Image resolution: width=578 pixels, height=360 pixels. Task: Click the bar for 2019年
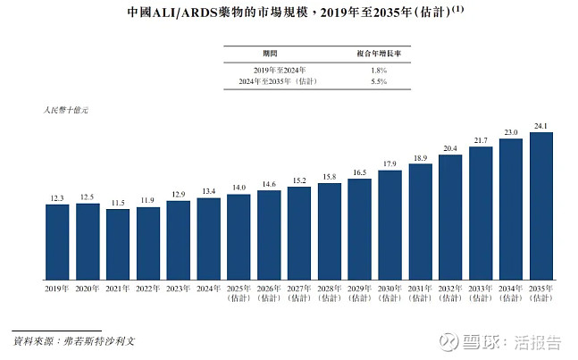tap(57, 242)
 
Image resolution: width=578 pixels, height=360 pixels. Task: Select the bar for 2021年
tap(118, 245)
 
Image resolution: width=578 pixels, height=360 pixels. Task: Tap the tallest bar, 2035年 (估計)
tap(540, 206)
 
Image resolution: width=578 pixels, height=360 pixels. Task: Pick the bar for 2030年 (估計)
tap(390, 225)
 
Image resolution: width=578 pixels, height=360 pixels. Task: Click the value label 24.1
tap(540, 126)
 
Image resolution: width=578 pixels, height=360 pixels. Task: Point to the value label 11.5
tap(118, 203)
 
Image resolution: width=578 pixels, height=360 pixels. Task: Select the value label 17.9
tap(390, 163)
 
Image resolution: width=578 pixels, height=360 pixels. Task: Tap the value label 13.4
tap(209, 191)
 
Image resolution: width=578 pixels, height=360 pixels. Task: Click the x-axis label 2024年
tap(209, 289)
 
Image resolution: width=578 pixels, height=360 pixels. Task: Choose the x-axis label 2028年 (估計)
tap(330, 293)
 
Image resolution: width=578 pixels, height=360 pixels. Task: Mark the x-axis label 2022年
tap(147, 289)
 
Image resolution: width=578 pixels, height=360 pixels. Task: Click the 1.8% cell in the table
tap(379, 71)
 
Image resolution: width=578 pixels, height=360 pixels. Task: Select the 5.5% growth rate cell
tap(379, 81)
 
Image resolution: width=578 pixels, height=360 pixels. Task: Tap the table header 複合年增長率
tap(379, 54)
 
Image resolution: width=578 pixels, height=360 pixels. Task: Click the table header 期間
tap(270, 54)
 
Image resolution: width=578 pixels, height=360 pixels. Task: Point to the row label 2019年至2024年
tap(280, 71)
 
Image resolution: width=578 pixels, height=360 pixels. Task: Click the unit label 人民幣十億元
tap(66, 110)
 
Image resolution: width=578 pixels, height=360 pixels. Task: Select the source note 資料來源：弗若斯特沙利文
tap(74, 341)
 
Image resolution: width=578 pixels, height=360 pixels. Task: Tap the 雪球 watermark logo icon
tap(448, 342)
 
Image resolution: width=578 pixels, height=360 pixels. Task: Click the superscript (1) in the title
tap(457, 9)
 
